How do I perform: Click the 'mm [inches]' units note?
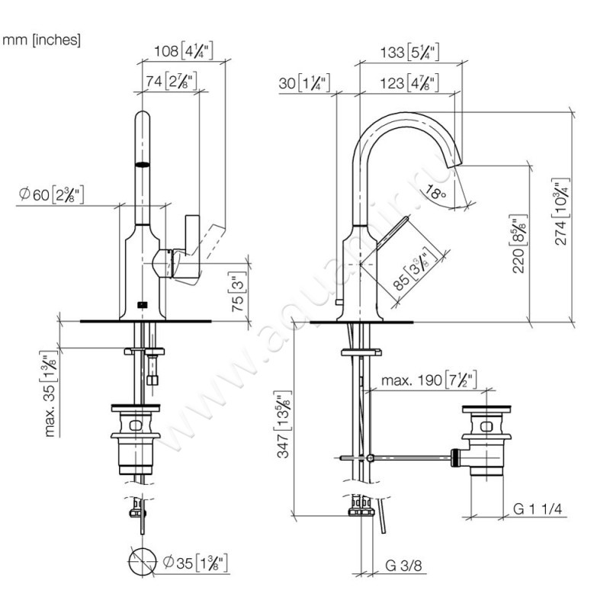click(x=42, y=40)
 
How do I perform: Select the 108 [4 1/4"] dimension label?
click(x=183, y=53)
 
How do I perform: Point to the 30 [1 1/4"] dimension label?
click(x=303, y=82)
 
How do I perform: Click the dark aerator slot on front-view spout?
click(x=143, y=164)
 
